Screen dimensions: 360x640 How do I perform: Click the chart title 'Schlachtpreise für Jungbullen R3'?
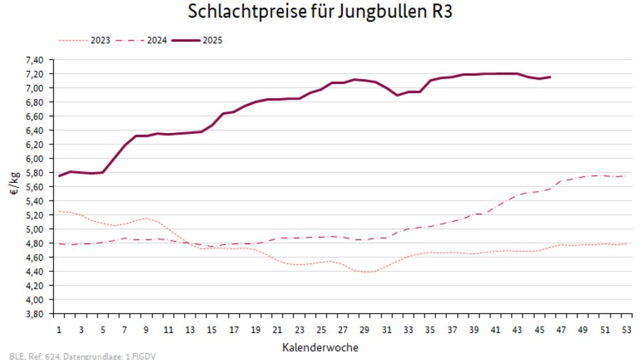click(320, 12)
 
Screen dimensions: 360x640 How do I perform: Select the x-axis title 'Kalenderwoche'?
click(320, 348)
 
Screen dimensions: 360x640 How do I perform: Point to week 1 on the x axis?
click(59, 331)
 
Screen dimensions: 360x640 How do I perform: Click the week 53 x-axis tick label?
click(626, 331)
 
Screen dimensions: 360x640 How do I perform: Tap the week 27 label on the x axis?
click(343, 331)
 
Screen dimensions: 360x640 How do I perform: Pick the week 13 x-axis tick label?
click(190, 331)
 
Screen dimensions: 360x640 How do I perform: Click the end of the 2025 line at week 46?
click(550, 77)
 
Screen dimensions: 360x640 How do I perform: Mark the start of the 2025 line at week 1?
click(59, 176)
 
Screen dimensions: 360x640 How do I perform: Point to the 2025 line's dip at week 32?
click(398, 95)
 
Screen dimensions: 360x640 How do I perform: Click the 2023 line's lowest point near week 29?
click(365, 272)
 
